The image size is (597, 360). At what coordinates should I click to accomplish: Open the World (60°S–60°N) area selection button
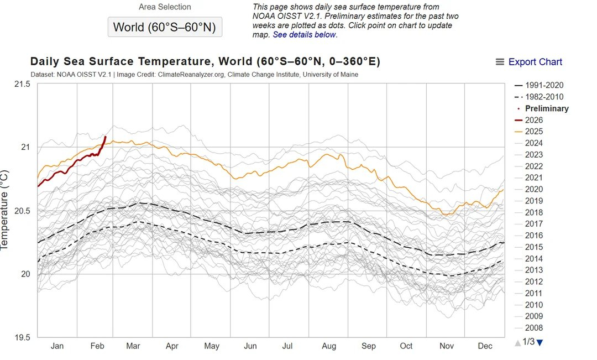165,27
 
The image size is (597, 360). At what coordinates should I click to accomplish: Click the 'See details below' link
304,35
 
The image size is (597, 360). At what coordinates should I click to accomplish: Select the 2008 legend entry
534,328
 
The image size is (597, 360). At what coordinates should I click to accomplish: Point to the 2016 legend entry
534,236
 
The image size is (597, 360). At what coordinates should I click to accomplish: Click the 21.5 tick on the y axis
21,85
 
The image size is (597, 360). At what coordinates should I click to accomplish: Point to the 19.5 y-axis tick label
21,337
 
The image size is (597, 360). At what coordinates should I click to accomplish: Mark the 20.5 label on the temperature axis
21,211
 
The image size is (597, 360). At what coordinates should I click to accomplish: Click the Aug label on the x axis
329,346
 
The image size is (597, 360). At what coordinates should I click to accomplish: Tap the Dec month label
485,346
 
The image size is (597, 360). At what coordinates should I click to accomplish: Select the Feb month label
97,346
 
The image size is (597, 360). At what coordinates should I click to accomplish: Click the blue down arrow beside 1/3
540,343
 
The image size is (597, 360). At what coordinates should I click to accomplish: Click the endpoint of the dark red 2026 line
105,137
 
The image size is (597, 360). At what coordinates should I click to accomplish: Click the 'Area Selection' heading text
164,7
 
